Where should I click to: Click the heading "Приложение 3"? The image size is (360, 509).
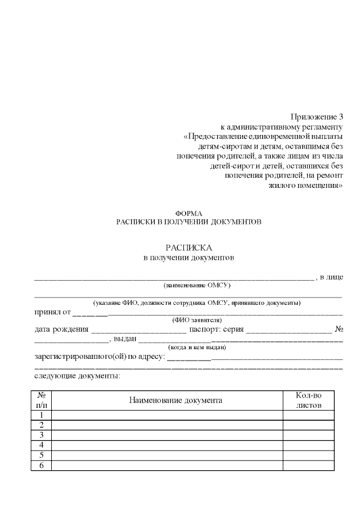coord(316,117)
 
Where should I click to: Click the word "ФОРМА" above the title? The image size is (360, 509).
coord(188,213)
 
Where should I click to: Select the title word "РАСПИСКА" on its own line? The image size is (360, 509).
coord(188,247)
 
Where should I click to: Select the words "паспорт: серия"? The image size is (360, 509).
coord(217,328)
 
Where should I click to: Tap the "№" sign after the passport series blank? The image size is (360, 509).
coord(339,328)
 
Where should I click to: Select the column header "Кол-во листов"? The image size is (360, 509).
coord(307,400)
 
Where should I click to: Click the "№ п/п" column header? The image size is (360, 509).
coord(41,400)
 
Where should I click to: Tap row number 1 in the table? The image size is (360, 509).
coord(41,415)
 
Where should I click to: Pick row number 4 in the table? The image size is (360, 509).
coord(41,445)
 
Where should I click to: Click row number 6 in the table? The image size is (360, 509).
coord(41,465)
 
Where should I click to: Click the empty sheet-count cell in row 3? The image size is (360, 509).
coord(307,435)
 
